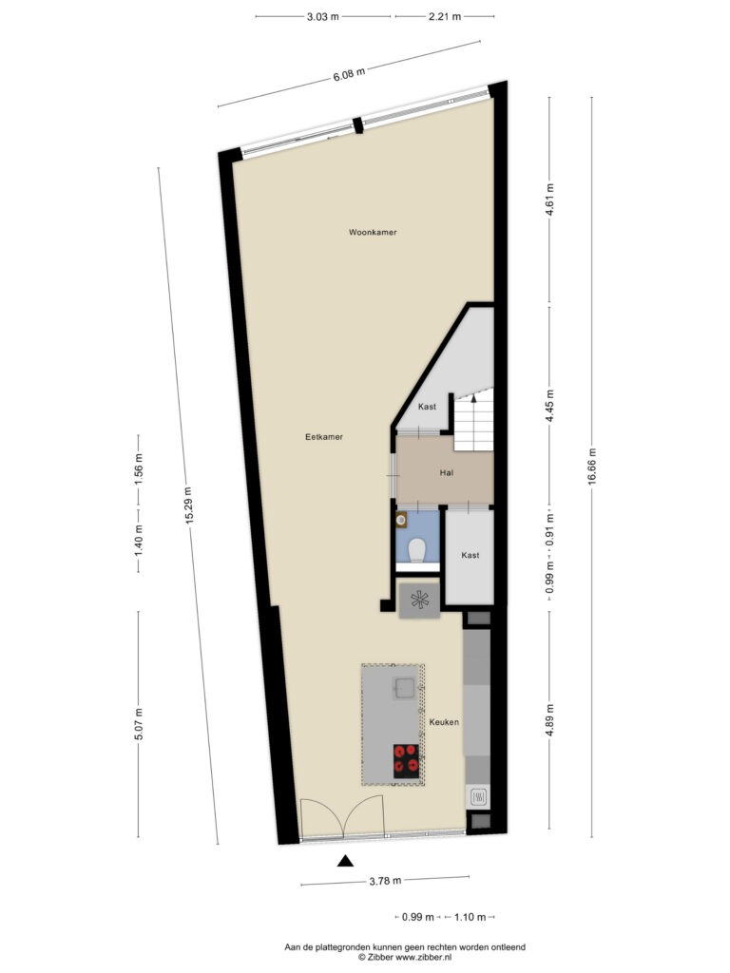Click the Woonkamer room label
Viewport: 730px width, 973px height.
coord(373,232)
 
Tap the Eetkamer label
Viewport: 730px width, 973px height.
coord(324,437)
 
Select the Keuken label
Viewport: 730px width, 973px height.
coord(444,722)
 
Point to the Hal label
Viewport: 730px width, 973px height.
coord(447,473)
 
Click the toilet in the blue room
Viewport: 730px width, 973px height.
coord(416,550)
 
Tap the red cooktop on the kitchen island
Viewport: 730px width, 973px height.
coord(407,761)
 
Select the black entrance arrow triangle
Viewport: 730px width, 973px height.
coord(345,861)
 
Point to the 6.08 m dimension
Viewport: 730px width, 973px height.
coord(349,74)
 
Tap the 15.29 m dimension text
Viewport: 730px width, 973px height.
coord(188,506)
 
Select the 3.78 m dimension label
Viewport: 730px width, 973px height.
coord(385,881)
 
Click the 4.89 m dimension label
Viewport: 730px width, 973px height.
coord(549,720)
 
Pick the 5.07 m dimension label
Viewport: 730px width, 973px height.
coord(139,724)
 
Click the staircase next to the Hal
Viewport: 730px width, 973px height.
coord(473,419)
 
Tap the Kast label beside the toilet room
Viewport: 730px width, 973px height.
coord(471,555)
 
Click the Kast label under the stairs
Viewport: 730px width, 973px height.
coord(427,407)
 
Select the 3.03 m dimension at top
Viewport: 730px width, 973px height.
coord(323,17)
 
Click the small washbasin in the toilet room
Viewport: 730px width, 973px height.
coord(402,520)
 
